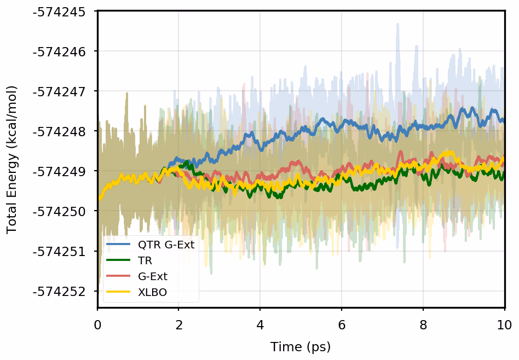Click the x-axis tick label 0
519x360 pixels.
(97, 324)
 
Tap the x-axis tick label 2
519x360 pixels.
(179, 324)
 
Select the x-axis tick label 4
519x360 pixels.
(261, 324)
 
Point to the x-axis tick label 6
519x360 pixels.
(342, 324)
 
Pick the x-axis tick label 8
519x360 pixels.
(423, 324)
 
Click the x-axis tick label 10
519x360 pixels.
(504, 324)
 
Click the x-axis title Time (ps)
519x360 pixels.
(301, 347)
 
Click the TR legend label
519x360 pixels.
(145, 260)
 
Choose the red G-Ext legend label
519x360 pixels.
(153, 276)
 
